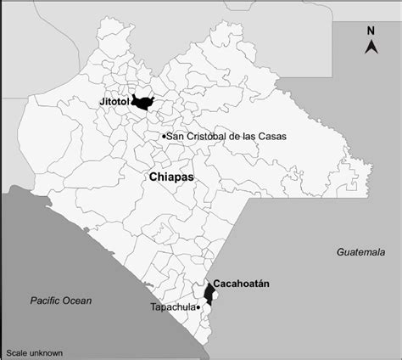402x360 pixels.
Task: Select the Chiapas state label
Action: tap(171, 177)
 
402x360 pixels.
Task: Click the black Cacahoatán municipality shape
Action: tap(209, 294)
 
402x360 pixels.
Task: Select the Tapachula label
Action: tap(171, 307)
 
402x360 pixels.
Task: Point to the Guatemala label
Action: tap(361, 252)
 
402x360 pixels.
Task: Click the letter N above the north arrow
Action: tap(371, 31)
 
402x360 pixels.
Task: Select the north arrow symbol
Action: tap(371, 47)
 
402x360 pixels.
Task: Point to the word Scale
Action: tap(16, 352)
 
